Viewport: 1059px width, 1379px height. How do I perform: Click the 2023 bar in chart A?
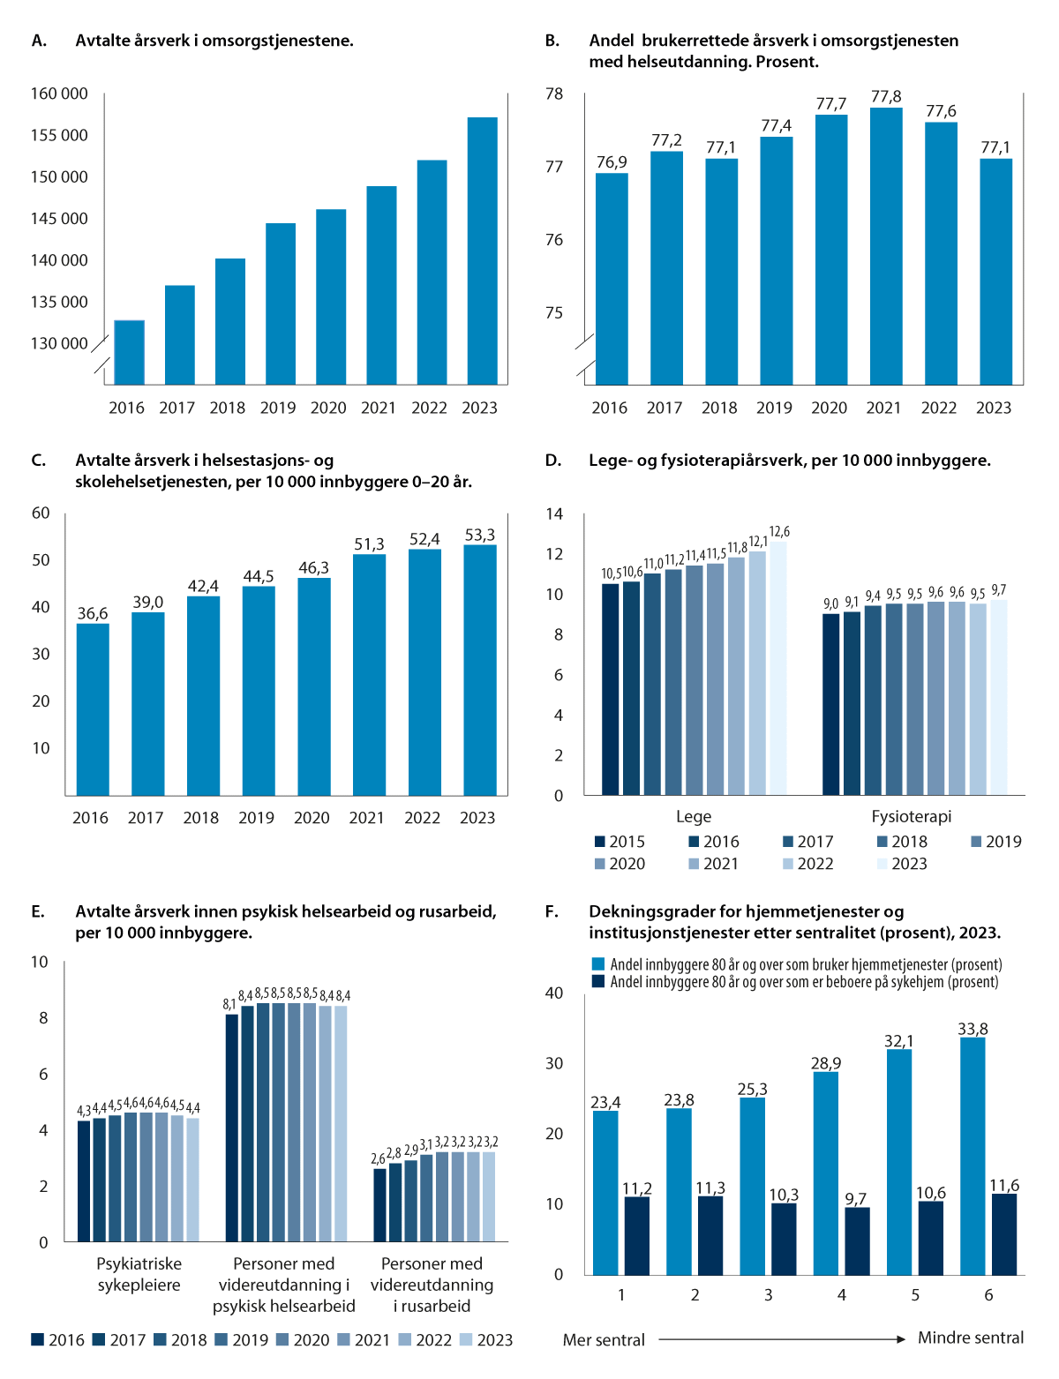482,251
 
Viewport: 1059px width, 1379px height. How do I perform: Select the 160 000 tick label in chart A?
59,94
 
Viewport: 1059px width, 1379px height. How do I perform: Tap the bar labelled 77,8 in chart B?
886,247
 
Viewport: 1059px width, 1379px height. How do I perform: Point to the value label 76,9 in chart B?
612,162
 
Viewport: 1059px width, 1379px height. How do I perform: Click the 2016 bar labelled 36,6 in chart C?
93,710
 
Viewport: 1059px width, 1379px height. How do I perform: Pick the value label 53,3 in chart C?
480,535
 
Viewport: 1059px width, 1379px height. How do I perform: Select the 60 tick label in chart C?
41,513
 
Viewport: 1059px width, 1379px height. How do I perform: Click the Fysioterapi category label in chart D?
911,816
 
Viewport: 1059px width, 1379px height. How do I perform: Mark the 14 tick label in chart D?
554,513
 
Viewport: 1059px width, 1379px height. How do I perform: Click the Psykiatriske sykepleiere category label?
139,1274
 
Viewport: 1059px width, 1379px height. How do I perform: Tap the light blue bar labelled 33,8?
973,1156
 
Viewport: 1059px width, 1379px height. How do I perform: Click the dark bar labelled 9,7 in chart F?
857,1240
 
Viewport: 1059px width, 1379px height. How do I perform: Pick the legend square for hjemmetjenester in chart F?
598,964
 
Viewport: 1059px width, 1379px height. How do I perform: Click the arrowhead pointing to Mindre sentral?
901,1339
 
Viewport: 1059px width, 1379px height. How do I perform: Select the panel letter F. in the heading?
552,912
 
